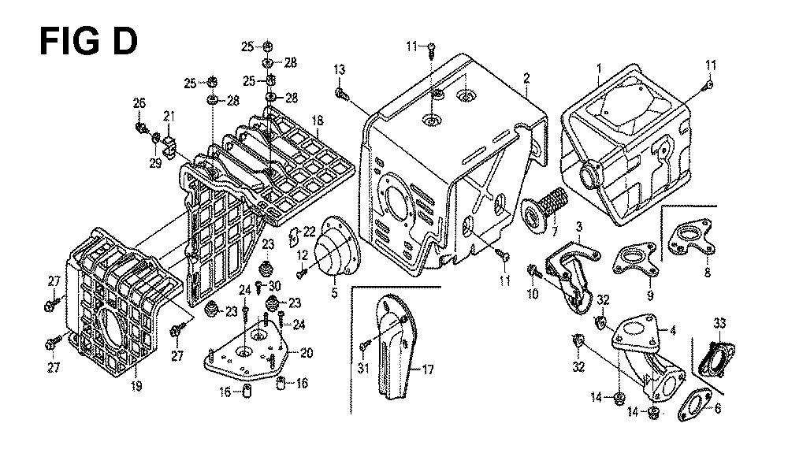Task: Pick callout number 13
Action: click(x=340, y=71)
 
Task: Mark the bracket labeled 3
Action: click(x=571, y=272)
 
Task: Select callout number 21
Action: click(x=169, y=117)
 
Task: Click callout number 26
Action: click(x=139, y=103)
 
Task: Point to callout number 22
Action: click(x=310, y=230)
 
